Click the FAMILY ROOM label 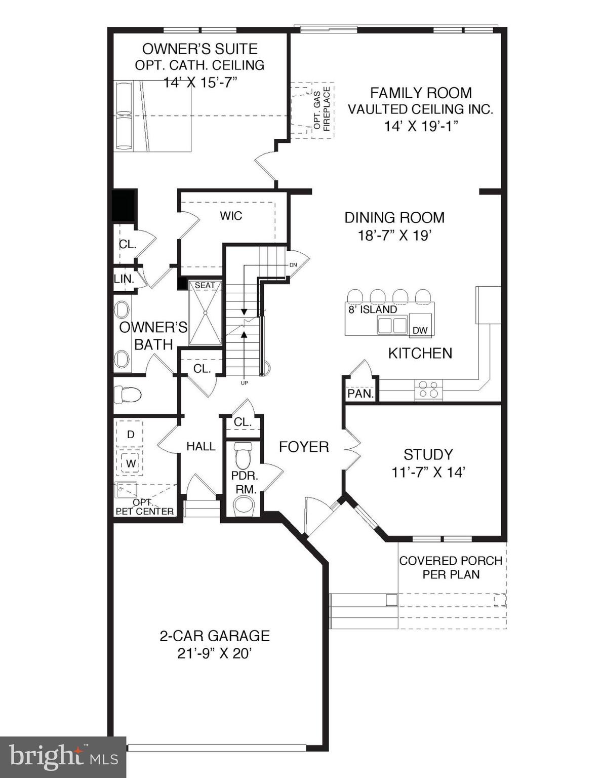[x=420, y=93]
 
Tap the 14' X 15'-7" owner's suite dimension [x=200, y=83]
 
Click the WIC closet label [x=231, y=216]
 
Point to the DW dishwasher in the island [x=420, y=330]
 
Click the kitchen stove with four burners [x=428, y=389]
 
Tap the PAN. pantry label [x=360, y=393]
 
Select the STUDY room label [x=428, y=454]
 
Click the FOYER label [x=304, y=447]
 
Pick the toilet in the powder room [x=244, y=455]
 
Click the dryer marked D [x=130, y=434]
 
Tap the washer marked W [x=130, y=462]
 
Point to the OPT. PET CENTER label [x=145, y=507]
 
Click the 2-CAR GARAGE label [x=215, y=636]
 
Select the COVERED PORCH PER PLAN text [x=451, y=567]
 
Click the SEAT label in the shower [x=205, y=286]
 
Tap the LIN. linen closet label [x=124, y=279]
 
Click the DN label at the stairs [x=293, y=265]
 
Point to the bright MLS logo [x=63, y=757]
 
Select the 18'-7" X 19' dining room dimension [x=394, y=235]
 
